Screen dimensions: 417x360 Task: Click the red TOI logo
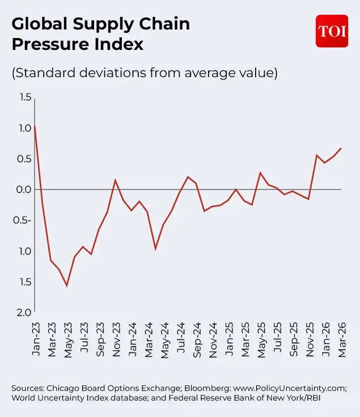pyautogui.click(x=332, y=31)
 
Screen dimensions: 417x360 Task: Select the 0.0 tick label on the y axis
pyautogui.click(x=24, y=189)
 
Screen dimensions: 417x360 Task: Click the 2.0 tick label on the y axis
pyautogui.click(x=24, y=312)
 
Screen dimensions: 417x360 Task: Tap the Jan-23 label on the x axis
pyautogui.click(x=36, y=339)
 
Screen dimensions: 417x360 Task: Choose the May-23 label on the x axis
pyautogui.click(x=68, y=339)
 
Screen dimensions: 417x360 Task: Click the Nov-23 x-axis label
pyautogui.click(x=116, y=339)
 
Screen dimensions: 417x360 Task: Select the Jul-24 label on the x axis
pyautogui.click(x=181, y=339)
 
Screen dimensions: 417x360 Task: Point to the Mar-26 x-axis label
pyautogui.click(x=342, y=339)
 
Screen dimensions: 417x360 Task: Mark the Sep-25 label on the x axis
pyautogui.click(x=294, y=339)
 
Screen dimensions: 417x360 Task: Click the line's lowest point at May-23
pyautogui.click(x=67, y=285)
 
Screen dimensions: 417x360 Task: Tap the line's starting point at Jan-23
pyautogui.click(x=35, y=126)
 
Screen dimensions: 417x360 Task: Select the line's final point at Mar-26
pyautogui.click(x=341, y=148)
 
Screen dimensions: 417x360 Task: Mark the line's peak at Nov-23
pyautogui.click(x=115, y=180)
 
